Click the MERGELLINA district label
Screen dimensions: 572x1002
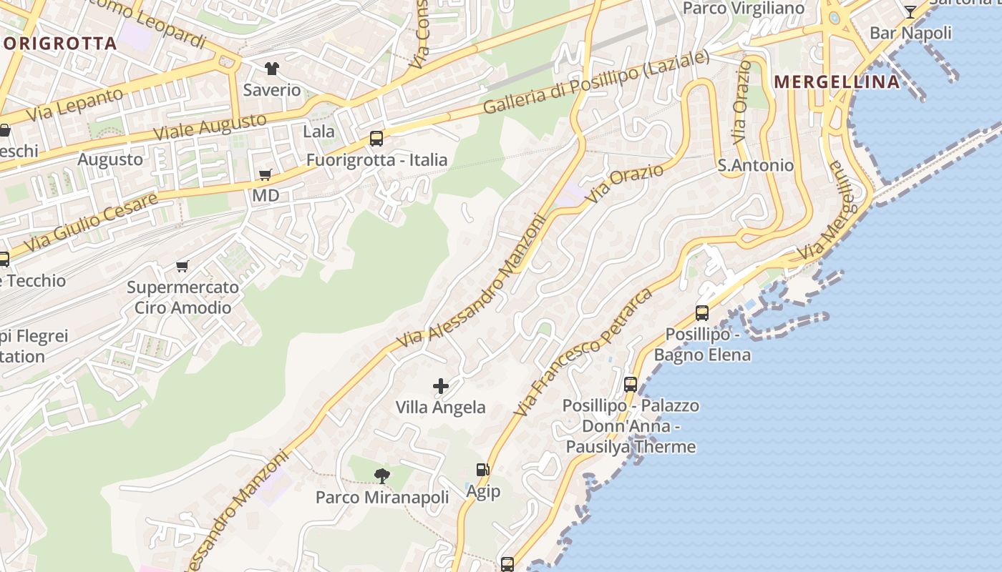837,82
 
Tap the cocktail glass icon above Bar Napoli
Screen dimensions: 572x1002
910,11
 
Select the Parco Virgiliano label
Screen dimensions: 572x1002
744,9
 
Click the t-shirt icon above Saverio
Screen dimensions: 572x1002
272,69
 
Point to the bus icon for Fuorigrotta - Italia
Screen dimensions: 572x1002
376,139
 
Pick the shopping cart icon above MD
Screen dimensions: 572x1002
266,174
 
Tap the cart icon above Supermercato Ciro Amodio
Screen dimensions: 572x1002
183,266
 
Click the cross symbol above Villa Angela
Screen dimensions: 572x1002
441,386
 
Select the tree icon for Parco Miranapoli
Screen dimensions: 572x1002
382,475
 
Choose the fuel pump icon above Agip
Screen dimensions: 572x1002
483,470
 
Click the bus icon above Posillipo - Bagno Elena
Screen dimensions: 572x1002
702,313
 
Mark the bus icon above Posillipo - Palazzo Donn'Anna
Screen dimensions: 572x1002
631,384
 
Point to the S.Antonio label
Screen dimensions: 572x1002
756,165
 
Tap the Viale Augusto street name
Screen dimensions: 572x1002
210,127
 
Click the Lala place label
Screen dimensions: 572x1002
318,131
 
